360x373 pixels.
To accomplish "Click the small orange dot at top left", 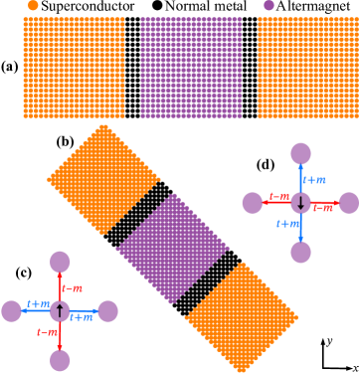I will point(34,5).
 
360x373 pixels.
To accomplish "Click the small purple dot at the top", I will point(269,5).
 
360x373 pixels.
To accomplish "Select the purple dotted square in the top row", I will point(191,68).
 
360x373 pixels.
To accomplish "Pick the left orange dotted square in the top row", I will point(75,68).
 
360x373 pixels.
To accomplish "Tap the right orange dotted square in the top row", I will point(307,68).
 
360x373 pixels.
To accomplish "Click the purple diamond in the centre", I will point(173,249).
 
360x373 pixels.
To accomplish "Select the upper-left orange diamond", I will point(104,179).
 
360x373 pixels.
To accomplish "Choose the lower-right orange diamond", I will point(242,317).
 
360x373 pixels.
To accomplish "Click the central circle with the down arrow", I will point(300,203).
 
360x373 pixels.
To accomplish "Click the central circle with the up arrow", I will point(61,311).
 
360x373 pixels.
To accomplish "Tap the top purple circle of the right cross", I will point(300,153).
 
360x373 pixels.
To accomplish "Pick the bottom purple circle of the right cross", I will point(300,253).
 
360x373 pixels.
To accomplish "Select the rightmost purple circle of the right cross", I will point(348,203).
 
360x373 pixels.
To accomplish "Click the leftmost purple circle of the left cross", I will point(12,311).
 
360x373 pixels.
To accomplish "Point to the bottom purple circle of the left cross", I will point(61,360).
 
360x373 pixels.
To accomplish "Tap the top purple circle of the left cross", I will point(61,262).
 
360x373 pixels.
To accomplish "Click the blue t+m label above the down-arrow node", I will point(315,180).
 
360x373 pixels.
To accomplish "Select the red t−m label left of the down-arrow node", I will point(279,197).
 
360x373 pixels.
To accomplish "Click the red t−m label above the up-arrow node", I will point(73,288).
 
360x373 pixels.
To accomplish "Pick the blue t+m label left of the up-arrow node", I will point(40,304).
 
